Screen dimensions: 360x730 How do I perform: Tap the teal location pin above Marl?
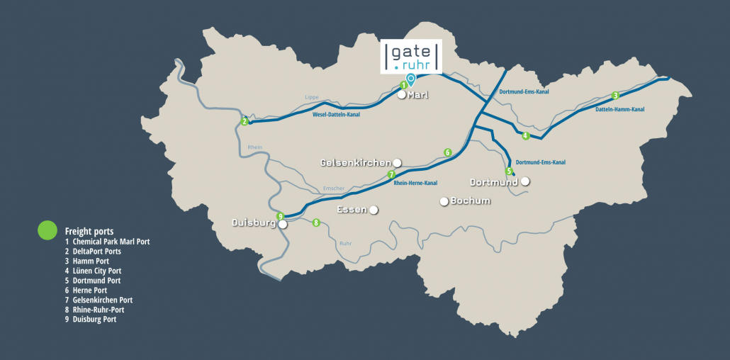point(410,79)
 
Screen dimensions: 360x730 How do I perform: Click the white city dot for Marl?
point(401,94)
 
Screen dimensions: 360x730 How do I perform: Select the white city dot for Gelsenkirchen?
point(397,162)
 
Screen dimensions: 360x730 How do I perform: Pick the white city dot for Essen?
point(373,210)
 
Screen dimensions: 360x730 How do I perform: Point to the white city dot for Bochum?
point(444,201)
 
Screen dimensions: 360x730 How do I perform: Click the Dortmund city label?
point(495,182)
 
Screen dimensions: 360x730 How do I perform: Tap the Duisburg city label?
point(254,223)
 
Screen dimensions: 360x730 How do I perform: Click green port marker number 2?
point(245,121)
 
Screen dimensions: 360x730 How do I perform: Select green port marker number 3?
point(615,95)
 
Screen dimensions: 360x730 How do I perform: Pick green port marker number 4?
point(525,135)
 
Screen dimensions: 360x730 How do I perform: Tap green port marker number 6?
point(447,152)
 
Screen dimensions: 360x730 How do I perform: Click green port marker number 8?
point(316,223)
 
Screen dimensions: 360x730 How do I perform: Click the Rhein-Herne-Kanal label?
point(415,183)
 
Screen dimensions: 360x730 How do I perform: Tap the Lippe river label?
point(312,96)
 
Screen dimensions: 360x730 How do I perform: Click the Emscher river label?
point(332,188)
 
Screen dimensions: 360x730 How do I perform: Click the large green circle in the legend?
point(47,230)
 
